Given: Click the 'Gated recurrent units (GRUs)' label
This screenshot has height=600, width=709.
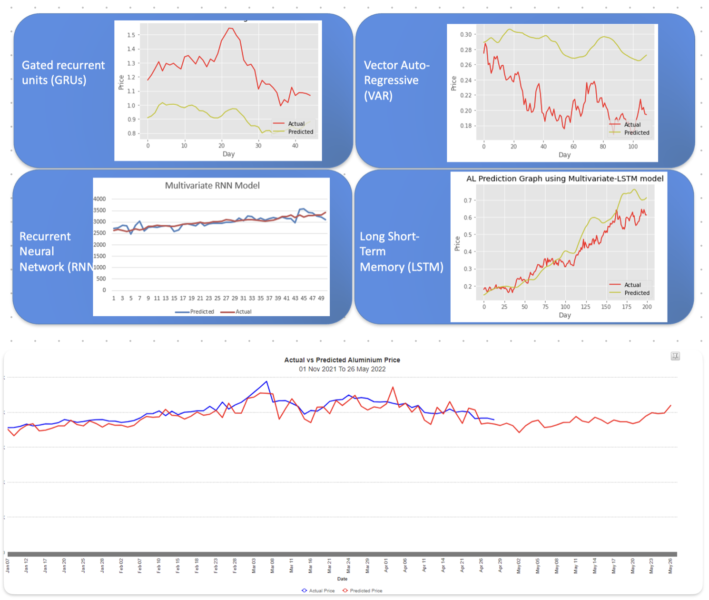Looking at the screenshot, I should (63, 72).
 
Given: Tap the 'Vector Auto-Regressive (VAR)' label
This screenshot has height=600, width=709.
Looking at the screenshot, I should (396, 80).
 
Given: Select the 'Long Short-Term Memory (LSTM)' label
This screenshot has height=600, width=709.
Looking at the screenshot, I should (401, 251).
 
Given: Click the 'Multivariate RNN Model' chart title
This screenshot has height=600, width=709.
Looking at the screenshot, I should (212, 185).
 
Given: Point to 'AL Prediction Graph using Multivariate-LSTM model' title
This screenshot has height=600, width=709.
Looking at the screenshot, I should (564, 179).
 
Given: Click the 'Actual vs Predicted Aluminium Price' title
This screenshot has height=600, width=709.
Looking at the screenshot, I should (342, 360).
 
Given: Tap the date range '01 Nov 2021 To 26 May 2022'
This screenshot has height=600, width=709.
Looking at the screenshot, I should (342, 369).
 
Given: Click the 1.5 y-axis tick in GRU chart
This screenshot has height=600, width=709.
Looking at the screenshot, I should (131, 35).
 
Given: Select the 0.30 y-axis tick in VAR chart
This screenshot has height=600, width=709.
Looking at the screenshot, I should (465, 35).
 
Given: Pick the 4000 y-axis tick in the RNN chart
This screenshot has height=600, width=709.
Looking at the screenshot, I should (99, 199).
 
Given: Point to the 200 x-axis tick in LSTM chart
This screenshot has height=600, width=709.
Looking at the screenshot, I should (647, 307).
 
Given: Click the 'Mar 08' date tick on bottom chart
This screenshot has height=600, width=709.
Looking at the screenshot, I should (273, 566).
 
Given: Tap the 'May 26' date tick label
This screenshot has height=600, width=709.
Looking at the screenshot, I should (670, 566).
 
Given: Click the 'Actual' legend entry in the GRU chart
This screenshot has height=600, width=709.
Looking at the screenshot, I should (296, 124).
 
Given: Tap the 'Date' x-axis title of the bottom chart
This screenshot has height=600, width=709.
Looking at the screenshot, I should (342, 579).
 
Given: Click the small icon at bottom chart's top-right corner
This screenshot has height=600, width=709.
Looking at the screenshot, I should (675, 356).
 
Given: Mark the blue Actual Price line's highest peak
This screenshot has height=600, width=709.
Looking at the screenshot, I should (267, 381).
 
